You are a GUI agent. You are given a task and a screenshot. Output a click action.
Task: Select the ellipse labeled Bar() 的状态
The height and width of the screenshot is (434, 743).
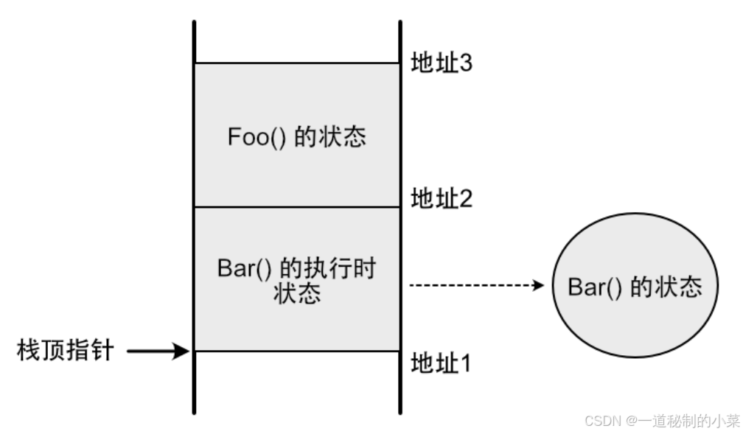pyautogui.click(x=635, y=286)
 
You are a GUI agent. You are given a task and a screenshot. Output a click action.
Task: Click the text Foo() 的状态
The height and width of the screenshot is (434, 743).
pyautogui.click(x=297, y=138)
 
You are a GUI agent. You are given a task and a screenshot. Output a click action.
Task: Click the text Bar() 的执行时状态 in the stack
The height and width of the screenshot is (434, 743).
pyautogui.click(x=297, y=281)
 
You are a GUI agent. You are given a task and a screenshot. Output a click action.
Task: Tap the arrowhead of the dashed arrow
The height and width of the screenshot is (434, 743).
pyautogui.click(x=539, y=285)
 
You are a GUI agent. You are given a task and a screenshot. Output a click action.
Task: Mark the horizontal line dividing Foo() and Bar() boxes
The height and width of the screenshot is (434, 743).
pyautogui.click(x=297, y=207)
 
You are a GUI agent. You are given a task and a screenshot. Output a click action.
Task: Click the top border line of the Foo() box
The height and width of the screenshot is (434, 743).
pyautogui.click(x=297, y=63)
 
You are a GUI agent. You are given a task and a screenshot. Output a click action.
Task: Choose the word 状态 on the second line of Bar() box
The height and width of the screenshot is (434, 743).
pyautogui.click(x=297, y=294)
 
